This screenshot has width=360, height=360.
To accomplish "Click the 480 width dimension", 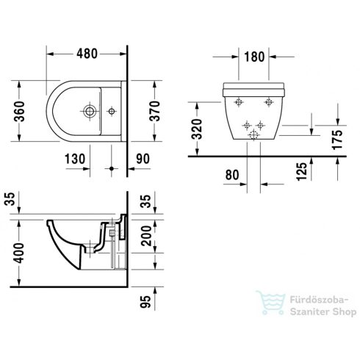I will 87,54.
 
